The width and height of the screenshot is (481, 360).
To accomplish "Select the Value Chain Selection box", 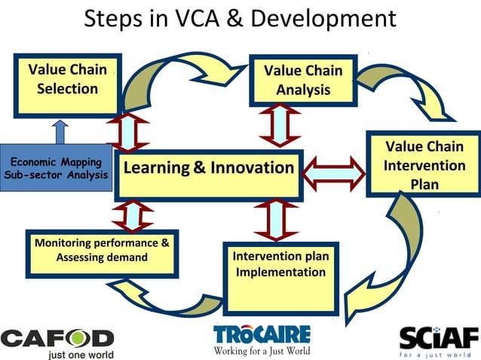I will tap(67, 85).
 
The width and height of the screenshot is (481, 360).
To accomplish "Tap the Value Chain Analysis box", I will tap(302, 81).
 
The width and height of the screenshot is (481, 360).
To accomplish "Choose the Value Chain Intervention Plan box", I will tap(424, 165).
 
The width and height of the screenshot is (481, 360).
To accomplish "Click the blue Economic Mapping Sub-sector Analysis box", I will tap(55, 168).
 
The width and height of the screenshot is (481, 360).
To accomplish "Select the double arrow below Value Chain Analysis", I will tap(280, 125).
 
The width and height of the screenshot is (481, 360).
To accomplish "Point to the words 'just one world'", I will tap(81, 353).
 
